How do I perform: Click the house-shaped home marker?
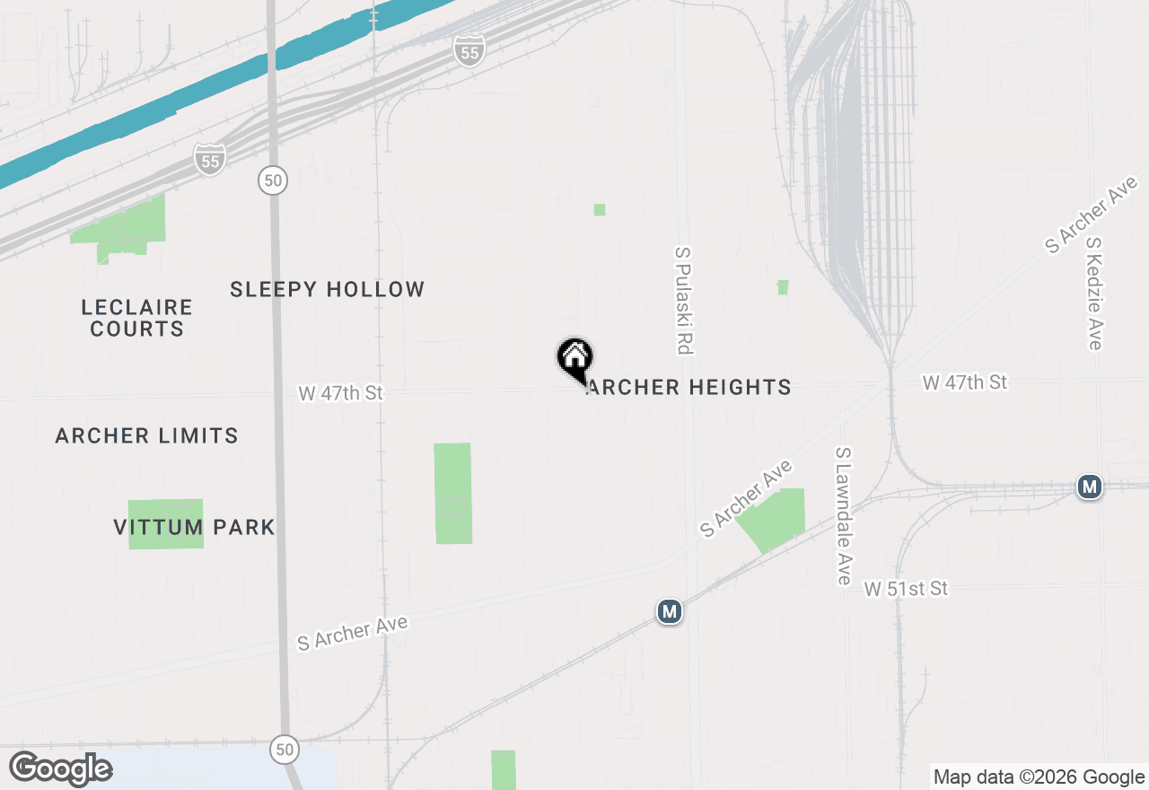575,358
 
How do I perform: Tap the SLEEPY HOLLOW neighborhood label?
327,289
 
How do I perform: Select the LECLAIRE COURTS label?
136,318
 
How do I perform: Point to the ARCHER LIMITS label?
146,435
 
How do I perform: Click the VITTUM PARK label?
194,527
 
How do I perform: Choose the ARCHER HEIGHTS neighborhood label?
689,387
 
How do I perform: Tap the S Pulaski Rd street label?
684,301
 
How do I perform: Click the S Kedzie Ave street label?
1093,294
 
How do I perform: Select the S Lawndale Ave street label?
842,516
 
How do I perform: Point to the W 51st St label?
906,589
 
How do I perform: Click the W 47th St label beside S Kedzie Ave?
965,382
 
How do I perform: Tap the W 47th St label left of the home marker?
341,393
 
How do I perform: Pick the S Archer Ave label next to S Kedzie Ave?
1091,215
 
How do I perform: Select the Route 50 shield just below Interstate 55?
273,180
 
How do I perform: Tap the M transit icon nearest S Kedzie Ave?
1090,487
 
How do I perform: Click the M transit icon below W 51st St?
669,612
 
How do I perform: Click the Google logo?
60,769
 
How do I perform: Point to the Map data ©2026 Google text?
1038,777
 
